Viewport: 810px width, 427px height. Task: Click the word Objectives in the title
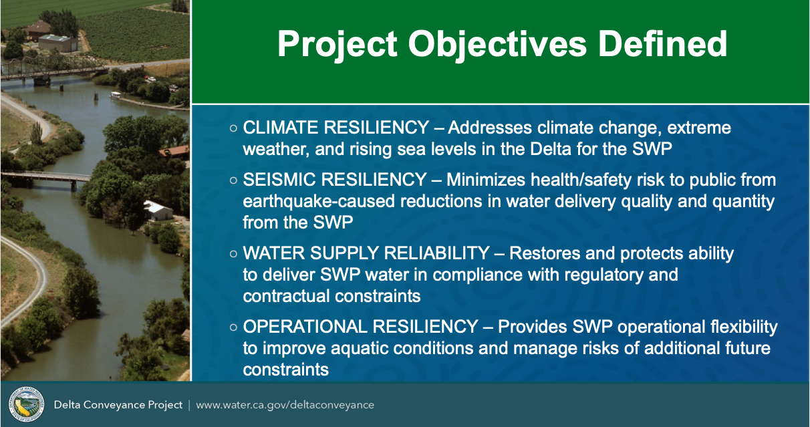497,45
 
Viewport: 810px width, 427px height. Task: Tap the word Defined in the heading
662,43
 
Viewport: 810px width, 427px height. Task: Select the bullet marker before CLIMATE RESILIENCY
233,128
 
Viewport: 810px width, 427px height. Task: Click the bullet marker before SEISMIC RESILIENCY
233,180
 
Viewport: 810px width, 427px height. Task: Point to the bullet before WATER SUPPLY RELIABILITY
233,253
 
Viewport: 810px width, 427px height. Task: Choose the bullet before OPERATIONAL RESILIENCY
233,327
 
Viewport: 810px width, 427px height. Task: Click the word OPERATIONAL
305,327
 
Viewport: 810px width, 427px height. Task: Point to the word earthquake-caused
319,201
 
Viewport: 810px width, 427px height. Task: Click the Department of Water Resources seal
26,404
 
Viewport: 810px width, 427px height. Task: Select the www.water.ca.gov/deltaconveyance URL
285,405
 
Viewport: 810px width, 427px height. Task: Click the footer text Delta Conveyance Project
118,405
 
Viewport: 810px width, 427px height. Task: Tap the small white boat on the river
116,95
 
